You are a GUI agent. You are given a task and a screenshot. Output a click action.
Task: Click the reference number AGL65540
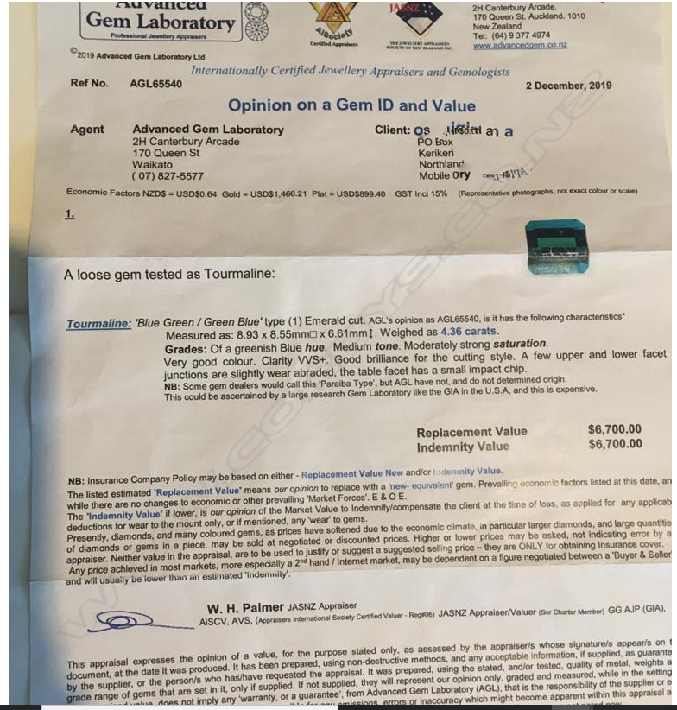(155, 84)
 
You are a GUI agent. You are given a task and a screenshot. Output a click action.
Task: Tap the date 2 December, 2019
(568, 86)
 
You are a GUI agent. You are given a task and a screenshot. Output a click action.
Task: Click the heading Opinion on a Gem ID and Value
(339, 106)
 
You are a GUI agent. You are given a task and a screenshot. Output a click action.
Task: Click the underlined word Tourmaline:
(98, 325)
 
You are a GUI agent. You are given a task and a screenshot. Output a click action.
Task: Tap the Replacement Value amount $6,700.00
(614, 430)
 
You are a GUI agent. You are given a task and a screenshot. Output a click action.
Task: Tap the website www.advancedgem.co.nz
(520, 45)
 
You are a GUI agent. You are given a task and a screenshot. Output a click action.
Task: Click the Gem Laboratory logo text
(161, 22)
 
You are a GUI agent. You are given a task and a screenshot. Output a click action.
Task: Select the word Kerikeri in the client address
(438, 153)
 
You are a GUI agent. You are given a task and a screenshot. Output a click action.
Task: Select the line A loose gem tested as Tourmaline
(169, 275)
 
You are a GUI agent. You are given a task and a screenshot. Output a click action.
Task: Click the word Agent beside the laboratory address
(87, 130)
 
